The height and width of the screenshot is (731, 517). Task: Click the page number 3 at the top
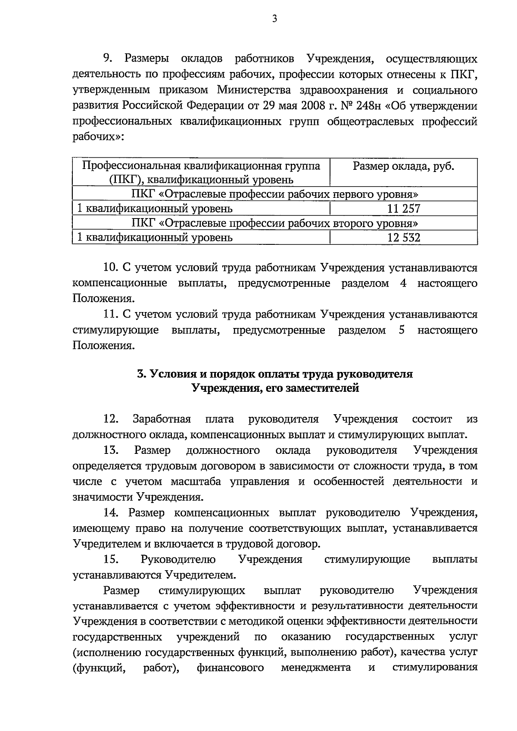pos(274,19)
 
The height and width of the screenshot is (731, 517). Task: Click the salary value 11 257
pos(403,209)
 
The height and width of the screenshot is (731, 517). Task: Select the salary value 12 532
pos(403,237)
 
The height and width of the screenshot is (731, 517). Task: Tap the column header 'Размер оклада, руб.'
pos(403,166)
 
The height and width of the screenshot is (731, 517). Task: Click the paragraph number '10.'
pos(111,268)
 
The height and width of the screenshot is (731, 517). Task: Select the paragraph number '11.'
pos(111,315)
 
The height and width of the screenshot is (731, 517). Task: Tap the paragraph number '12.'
pos(111,419)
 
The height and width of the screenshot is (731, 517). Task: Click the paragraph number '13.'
pos(111,450)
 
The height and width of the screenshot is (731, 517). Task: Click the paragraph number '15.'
pos(111,559)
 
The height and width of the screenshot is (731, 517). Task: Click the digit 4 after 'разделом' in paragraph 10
pos(403,284)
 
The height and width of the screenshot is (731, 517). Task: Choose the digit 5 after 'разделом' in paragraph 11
pos(402,331)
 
